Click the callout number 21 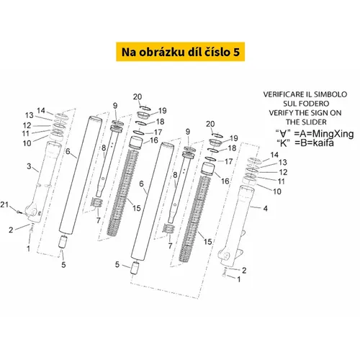click(x=4, y=204)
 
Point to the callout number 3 click(x=29, y=166)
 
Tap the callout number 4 click(x=266, y=208)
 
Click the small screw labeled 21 click(x=19, y=212)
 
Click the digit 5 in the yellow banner click(x=236, y=52)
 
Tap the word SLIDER click(x=313, y=122)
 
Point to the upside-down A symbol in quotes click(x=283, y=133)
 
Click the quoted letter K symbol click(x=284, y=143)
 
